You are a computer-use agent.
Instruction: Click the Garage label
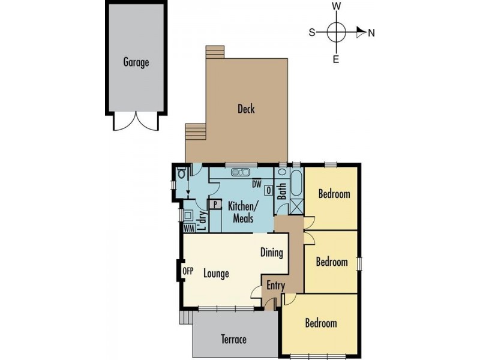(x=136, y=62)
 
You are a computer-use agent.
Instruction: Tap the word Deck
(x=246, y=109)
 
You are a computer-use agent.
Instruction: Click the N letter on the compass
(x=371, y=33)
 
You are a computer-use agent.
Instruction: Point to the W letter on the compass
(x=337, y=6)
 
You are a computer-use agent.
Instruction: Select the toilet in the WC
(x=181, y=173)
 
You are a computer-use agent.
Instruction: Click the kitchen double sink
(x=241, y=173)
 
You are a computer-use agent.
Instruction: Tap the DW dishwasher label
(x=257, y=184)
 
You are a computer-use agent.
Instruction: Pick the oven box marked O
(x=269, y=191)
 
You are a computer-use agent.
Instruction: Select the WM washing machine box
(x=188, y=228)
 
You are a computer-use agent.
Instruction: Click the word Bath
(x=282, y=193)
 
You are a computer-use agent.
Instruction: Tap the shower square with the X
(x=295, y=207)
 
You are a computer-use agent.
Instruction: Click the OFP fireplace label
(x=188, y=271)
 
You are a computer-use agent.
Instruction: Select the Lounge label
(x=216, y=274)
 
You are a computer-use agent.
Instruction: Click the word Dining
(x=271, y=253)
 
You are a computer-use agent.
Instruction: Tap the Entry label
(x=275, y=286)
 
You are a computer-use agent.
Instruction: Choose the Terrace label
(x=234, y=340)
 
